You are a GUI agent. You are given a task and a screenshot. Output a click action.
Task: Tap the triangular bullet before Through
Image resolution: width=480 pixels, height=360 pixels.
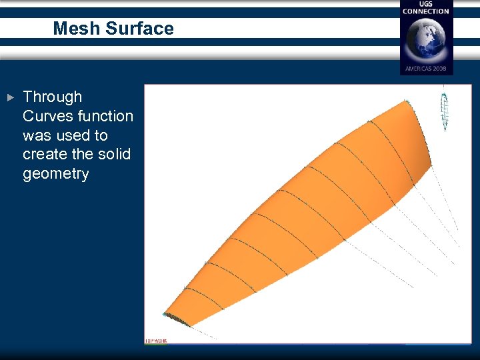coord(10,97)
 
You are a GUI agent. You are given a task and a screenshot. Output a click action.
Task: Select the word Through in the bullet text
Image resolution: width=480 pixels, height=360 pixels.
coord(52,97)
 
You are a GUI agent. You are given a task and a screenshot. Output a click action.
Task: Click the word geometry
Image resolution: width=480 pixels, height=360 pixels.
coord(55,173)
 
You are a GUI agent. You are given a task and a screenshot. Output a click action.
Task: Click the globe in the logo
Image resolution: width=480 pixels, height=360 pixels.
coord(426,39)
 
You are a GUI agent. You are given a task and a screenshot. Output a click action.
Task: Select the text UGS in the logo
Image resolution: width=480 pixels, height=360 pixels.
coord(426,5)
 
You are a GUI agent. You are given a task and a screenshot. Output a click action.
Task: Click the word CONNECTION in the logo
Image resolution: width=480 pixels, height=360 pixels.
coord(426,11)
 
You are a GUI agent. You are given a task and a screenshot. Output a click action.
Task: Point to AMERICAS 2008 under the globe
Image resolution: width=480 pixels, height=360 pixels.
coord(426,69)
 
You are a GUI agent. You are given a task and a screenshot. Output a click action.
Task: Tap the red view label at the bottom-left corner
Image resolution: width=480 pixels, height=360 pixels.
coord(156,341)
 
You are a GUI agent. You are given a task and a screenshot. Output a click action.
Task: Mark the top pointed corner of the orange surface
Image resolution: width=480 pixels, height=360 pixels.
coord(407,101)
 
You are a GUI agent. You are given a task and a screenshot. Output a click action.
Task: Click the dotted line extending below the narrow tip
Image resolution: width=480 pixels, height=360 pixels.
coord(203,332)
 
